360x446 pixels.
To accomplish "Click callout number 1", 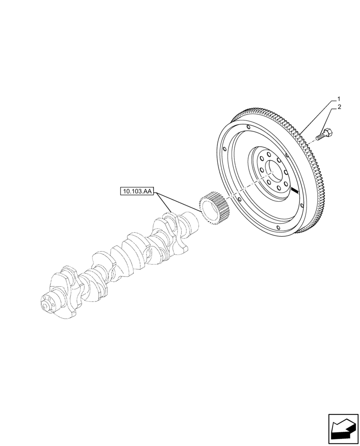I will (339, 99).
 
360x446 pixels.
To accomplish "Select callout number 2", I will (339, 107).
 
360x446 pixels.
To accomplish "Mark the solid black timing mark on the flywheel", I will (295, 191).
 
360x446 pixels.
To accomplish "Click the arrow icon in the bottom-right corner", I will (343, 429).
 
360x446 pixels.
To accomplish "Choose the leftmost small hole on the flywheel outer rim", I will (225, 150).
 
